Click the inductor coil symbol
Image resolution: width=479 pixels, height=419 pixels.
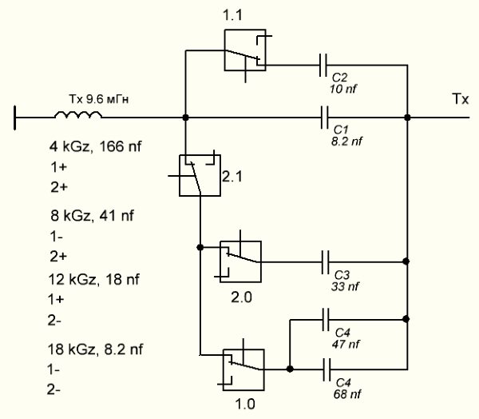coord(78,117)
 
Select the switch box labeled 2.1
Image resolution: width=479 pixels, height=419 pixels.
coord(195,174)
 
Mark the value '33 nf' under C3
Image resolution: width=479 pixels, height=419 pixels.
coord(342,285)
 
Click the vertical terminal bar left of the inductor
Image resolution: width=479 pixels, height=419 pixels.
coord(15,118)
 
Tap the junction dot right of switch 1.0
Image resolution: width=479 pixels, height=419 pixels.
coord(289,369)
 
